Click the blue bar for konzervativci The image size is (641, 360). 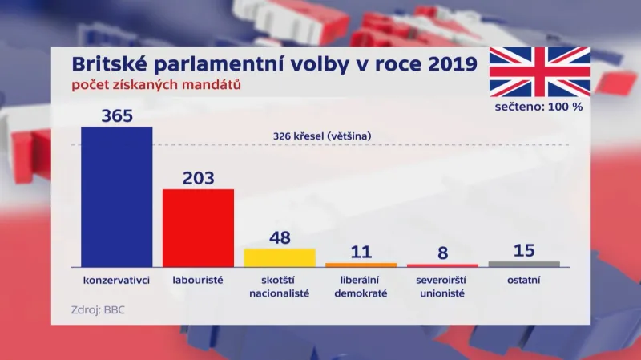tap(117, 196)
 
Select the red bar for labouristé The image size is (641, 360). tap(198, 228)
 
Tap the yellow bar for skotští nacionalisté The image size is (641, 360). tap(280, 257)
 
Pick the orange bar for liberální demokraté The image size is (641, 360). tap(361, 265)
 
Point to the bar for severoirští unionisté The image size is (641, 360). tap(442, 265)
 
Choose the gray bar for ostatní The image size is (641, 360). tap(524, 264)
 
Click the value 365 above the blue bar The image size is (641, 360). tap(117, 115)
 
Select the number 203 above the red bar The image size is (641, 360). tap(198, 177)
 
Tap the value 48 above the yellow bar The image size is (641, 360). tap(280, 237)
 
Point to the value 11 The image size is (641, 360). tap(361, 252)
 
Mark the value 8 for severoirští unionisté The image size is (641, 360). tap(442, 253)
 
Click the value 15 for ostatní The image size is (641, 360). tap(524, 250)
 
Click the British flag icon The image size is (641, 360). tap(539, 71)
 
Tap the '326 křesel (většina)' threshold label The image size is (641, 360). tap(321, 136)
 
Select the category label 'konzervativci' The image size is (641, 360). tap(117, 281)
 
